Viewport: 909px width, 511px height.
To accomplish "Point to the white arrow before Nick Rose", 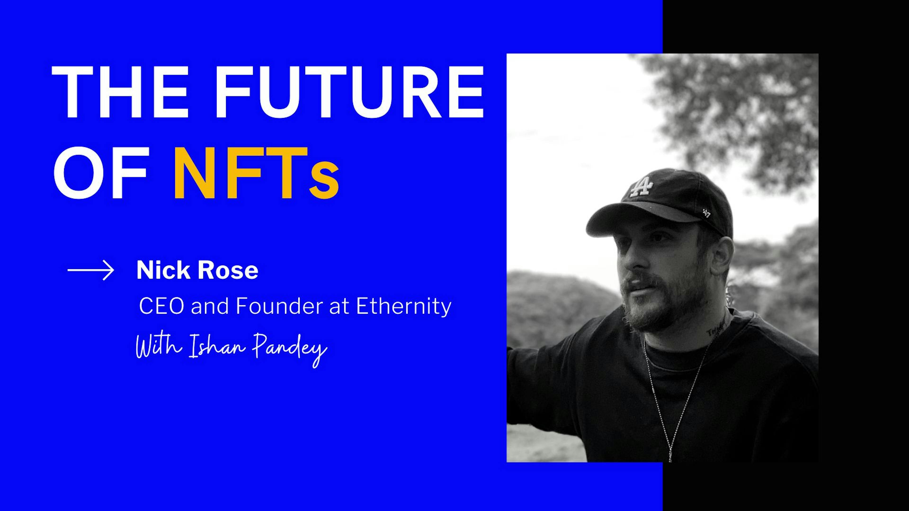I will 91,270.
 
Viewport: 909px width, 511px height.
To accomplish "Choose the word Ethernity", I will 404,306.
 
